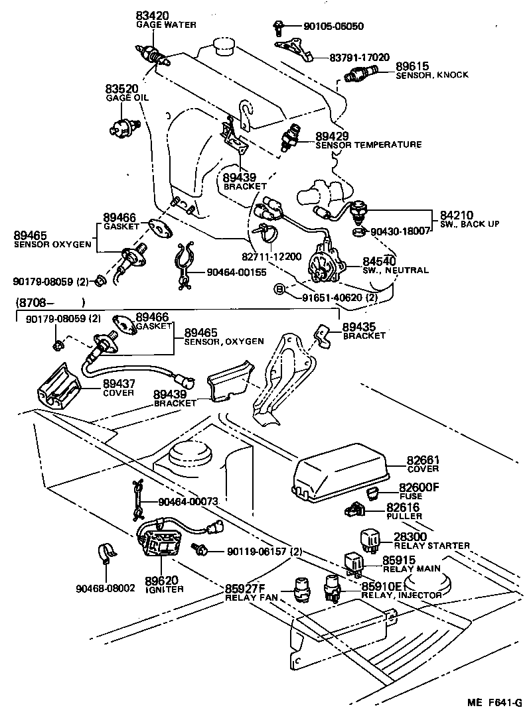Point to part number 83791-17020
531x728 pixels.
[x=359, y=58]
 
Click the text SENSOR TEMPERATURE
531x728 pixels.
[x=368, y=145]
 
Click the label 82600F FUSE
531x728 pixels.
[x=419, y=491]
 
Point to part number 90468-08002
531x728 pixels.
[x=106, y=587]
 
